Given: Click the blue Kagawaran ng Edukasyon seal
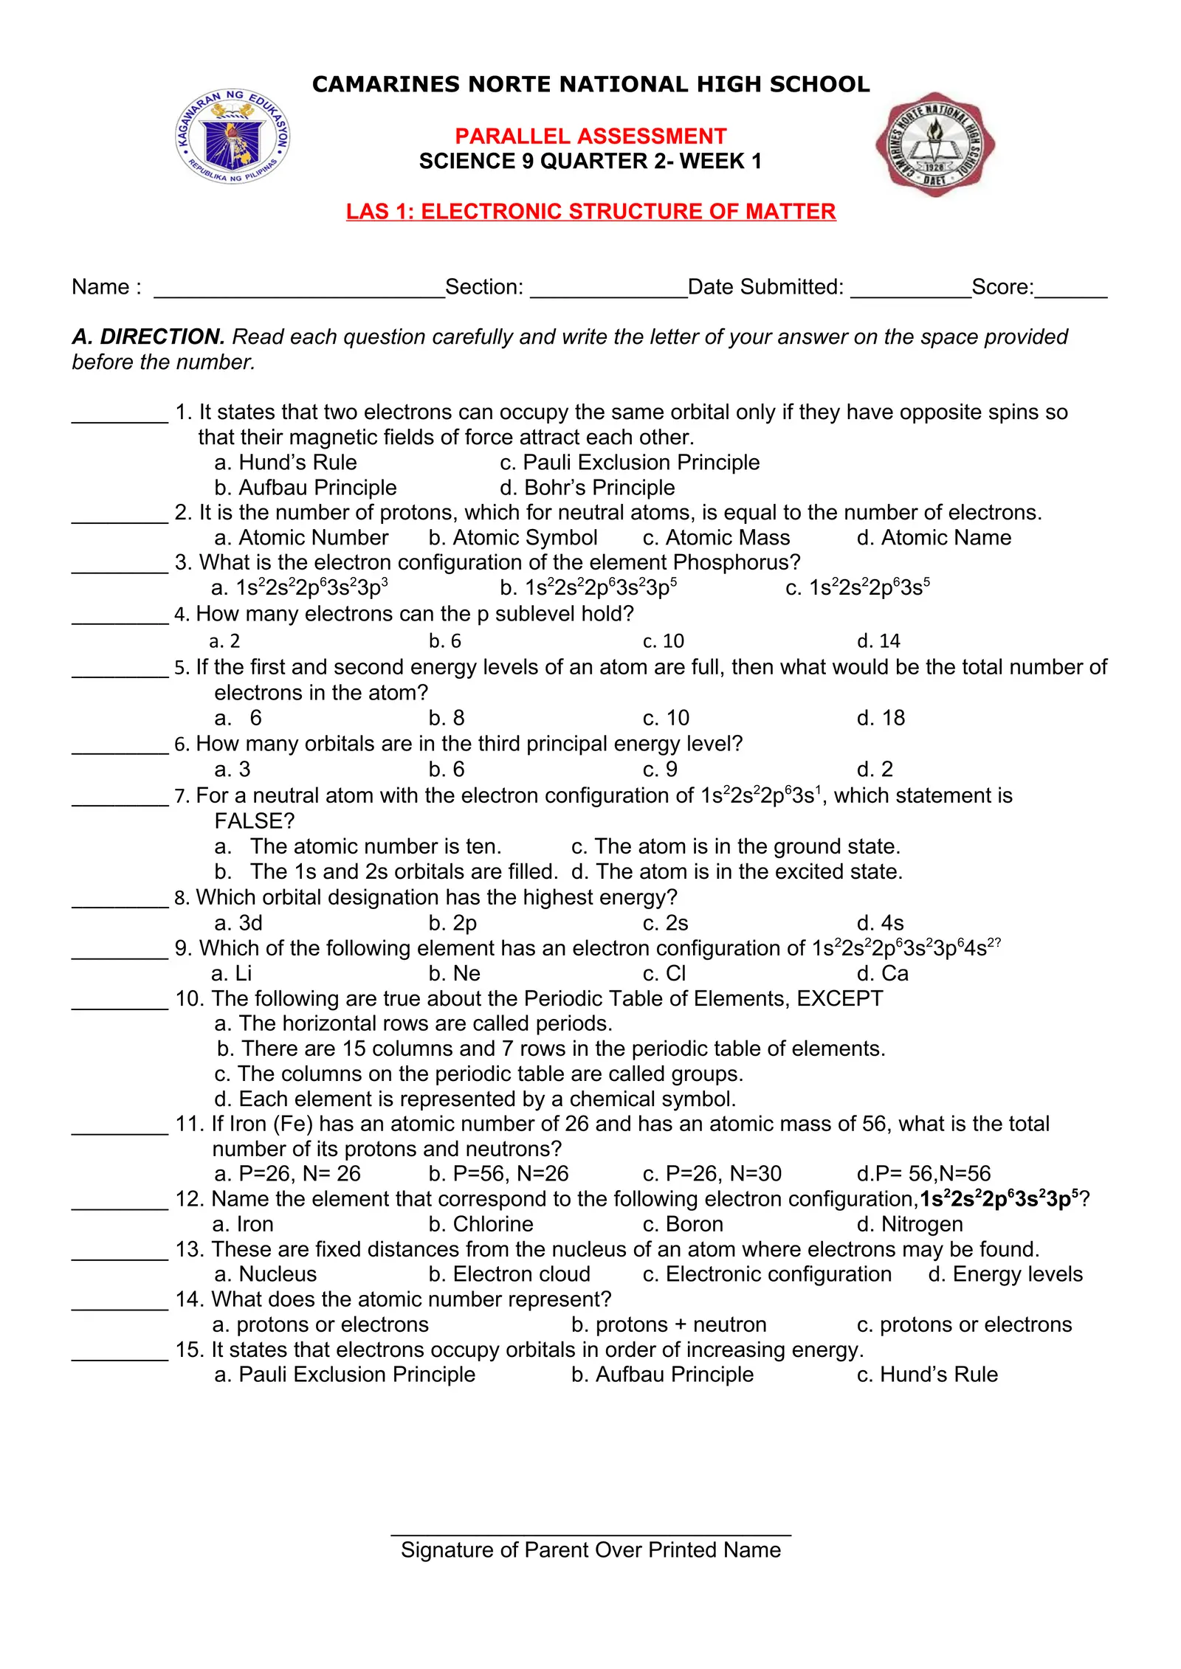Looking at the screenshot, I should pos(233,137).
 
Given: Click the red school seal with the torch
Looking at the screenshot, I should pos(934,145).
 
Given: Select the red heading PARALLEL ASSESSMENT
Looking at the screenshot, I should pos(590,137).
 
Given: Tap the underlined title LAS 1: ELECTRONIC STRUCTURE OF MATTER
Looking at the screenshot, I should pos(590,212).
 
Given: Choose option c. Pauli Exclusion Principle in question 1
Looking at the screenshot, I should pos(630,463).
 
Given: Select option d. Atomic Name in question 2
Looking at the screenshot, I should pos(934,538).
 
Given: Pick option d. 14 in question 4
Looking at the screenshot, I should pos(878,641).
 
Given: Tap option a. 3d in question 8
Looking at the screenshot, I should pos(238,923).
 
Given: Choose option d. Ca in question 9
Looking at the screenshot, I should pos(882,974).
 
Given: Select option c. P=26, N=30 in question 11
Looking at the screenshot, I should pos(712,1174).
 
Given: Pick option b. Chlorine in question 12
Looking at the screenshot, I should pos(481,1224).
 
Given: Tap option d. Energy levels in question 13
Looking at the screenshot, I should pos(1005,1274).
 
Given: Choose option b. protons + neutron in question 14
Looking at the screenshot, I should pos(669,1324).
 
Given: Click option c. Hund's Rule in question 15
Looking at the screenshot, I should pos(927,1375).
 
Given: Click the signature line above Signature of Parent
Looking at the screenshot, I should pos(590,1534).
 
